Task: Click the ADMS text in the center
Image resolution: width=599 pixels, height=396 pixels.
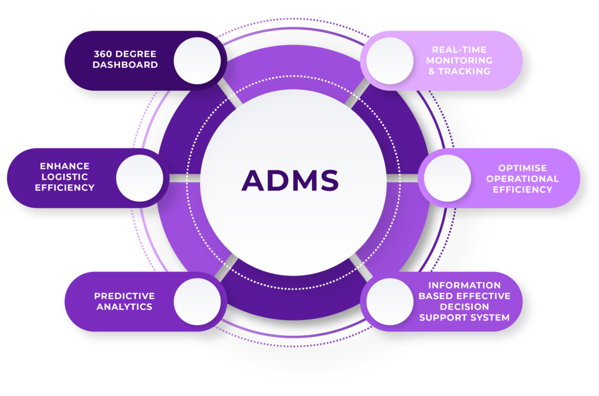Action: click(x=290, y=180)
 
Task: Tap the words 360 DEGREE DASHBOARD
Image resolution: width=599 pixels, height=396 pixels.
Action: click(x=125, y=60)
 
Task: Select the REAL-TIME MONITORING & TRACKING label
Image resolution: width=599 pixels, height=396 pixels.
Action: click(x=459, y=60)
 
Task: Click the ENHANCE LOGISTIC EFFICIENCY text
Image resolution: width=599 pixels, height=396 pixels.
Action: click(x=64, y=177)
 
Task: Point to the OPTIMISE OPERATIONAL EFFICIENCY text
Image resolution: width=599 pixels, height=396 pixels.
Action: click(x=522, y=178)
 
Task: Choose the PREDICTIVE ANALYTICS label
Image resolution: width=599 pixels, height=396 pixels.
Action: click(x=124, y=301)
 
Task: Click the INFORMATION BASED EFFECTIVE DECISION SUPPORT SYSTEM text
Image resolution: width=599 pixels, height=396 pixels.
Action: click(x=464, y=301)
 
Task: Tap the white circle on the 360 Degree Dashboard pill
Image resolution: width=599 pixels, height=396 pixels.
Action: click(x=197, y=60)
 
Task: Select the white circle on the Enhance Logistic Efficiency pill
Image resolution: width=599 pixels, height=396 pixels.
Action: click(x=140, y=178)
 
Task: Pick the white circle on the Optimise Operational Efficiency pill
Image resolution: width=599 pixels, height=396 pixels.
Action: click(x=447, y=178)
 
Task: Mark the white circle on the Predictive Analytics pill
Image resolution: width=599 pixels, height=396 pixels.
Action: click(x=197, y=301)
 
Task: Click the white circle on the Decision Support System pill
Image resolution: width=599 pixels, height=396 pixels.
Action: click(x=390, y=301)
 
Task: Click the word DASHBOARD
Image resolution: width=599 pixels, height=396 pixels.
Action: click(x=125, y=65)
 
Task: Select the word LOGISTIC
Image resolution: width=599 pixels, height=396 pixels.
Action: click(x=64, y=177)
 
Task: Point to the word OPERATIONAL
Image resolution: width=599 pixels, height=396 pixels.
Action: click(x=522, y=178)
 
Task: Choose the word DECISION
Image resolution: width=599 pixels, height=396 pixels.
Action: click(x=464, y=307)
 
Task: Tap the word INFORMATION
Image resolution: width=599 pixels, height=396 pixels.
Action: click(x=464, y=285)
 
